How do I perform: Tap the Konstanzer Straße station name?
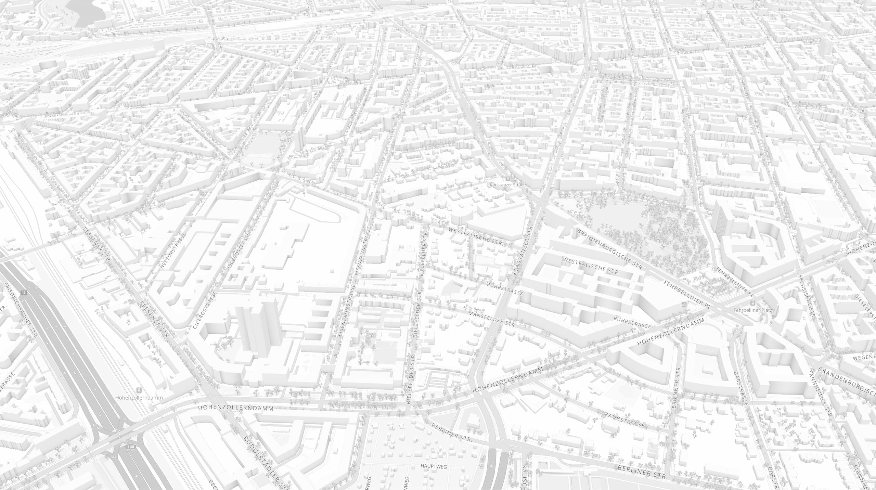508,185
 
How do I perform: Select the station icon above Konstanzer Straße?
508,178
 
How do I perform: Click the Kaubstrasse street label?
624,420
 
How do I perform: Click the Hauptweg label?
434,466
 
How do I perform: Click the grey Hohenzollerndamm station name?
139,398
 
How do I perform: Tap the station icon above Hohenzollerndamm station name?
139,390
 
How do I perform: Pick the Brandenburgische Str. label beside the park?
610,249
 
